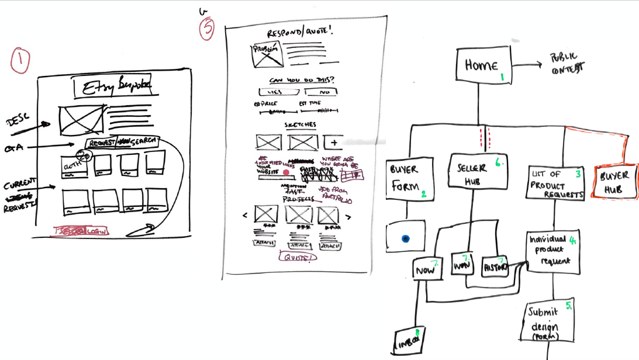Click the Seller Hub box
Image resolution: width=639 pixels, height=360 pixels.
click(x=478, y=172)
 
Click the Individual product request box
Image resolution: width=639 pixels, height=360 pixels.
click(x=552, y=252)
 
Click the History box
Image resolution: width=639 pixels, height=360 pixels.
click(x=495, y=267)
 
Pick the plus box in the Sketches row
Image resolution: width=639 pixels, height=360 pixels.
click(x=334, y=142)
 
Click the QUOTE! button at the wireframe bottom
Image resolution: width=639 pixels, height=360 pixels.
click(x=298, y=257)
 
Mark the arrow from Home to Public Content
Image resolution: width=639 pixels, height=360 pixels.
click(x=527, y=65)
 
